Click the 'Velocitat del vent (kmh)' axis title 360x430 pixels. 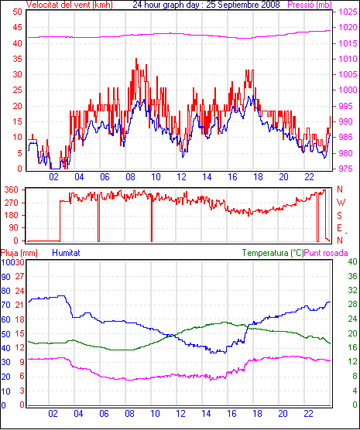tap(69, 5)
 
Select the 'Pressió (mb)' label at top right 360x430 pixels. tap(310, 5)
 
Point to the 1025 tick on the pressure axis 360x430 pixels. tap(348, 12)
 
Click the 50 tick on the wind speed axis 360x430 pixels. tap(17, 12)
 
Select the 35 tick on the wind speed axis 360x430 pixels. tap(17, 59)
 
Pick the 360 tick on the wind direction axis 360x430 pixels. tap(12, 189)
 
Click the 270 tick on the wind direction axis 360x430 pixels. tap(12, 203)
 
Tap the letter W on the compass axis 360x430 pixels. tap(341, 203)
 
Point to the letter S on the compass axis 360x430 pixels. tap(339, 216)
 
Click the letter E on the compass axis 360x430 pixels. tap(339, 228)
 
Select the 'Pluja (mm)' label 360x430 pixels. tap(19, 253)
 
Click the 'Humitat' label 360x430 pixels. tap(66, 253)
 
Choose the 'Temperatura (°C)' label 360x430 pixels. tap(273, 253)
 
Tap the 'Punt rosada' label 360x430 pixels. tap(326, 253)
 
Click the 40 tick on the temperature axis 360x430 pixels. tap(352, 261)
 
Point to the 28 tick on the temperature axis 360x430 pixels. tap(352, 305)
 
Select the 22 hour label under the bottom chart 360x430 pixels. tap(309, 414)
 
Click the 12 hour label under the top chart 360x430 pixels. tap(181, 177)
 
